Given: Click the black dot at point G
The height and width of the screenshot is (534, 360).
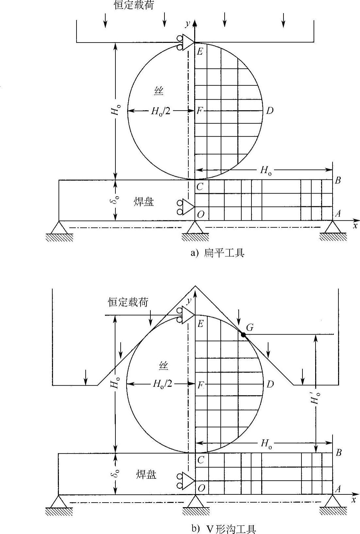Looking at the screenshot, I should pyautogui.click(x=243, y=335).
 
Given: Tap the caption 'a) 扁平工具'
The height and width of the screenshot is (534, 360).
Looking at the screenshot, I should pyautogui.click(x=217, y=253).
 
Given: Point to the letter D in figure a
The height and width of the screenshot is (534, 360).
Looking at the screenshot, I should pyautogui.click(x=269, y=111).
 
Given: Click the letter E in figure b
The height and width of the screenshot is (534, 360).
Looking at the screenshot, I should pyautogui.click(x=200, y=324).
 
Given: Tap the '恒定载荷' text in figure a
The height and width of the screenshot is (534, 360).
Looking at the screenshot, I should pyautogui.click(x=134, y=6).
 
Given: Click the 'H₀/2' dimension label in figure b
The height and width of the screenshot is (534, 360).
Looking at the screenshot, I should pyautogui.click(x=162, y=384).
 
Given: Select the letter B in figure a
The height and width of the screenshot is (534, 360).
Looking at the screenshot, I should pyautogui.click(x=338, y=181).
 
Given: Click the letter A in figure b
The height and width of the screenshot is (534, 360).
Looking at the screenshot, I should pyautogui.click(x=338, y=489).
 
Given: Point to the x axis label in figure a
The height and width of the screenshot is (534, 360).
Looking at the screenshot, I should pyautogui.click(x=355, y=225).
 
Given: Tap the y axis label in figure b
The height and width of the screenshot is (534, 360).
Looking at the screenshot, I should pyautogui.click(x=189, y=301).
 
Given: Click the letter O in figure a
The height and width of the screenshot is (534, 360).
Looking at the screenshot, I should pyautogui.click(x=201, y=214).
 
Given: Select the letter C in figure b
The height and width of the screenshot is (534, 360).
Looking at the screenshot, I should pyautogui.click(x=201, y=460).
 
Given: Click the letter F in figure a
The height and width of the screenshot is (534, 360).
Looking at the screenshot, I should pyautogui.click(x=200, y=111).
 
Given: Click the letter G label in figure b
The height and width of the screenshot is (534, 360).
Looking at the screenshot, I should pyautogui.click(x=250, y=327).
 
